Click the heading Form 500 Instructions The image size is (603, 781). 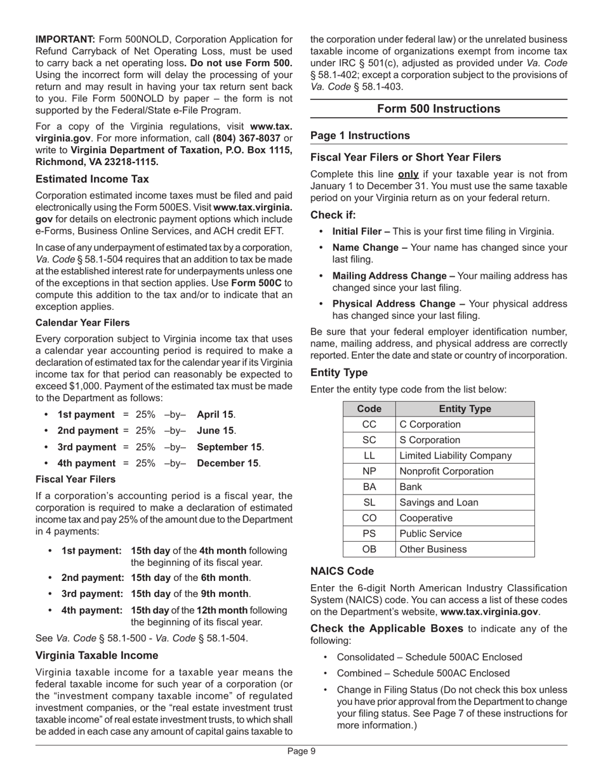(438, 109)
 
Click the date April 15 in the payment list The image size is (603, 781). (215, 415)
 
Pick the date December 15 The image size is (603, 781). (228, 463)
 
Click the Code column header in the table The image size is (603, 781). (369, 409)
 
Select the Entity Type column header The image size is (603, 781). (465, 409)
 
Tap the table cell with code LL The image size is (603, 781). (369, 455)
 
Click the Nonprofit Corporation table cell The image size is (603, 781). (446, 471)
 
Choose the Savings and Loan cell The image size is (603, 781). (439, 502)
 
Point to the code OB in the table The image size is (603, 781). (369, 549)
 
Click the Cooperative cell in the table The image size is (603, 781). (426, 517)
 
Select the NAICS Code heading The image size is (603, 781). (342, 571)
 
